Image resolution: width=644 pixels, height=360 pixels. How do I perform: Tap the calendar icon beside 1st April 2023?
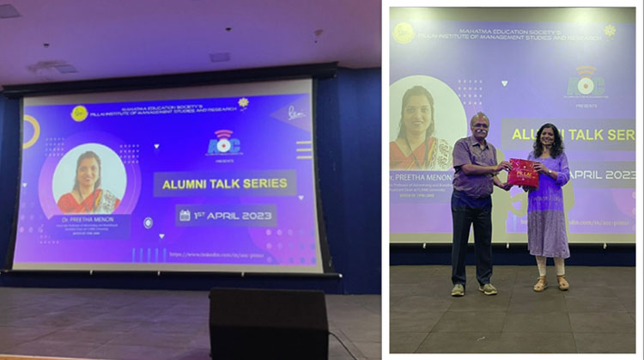[185, 215]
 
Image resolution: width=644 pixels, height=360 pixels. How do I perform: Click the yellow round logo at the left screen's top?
[80, 113]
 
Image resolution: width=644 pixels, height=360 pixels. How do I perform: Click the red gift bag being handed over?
[522, 173]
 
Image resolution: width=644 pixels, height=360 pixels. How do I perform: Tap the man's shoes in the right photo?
[473, 290]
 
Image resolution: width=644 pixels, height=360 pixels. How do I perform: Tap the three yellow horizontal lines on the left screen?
[304, 149]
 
